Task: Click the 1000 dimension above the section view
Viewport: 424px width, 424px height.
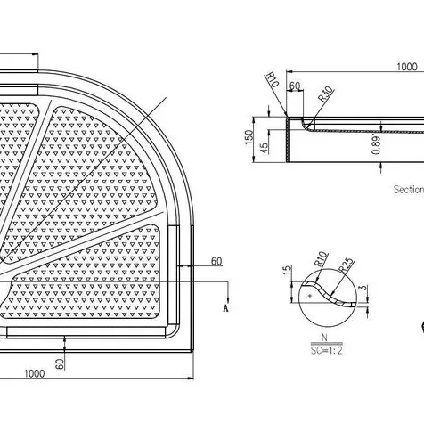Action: tap(407, 67)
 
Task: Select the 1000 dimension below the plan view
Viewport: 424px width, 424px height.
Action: tap(34, 373)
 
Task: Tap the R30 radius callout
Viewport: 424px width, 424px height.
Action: tap(326, 94)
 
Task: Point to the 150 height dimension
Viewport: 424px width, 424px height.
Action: tap(249, 137)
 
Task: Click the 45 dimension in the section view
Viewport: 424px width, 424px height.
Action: tap(264, 148)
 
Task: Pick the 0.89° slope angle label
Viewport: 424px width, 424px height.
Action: tap(376, 145)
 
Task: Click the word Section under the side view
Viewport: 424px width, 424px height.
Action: tap(409, 189)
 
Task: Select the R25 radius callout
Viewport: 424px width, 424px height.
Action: tap(347, 265)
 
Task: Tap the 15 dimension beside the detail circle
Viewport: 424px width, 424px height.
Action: tap(287, 270)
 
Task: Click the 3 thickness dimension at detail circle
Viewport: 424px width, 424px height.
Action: tap(363, 289)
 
